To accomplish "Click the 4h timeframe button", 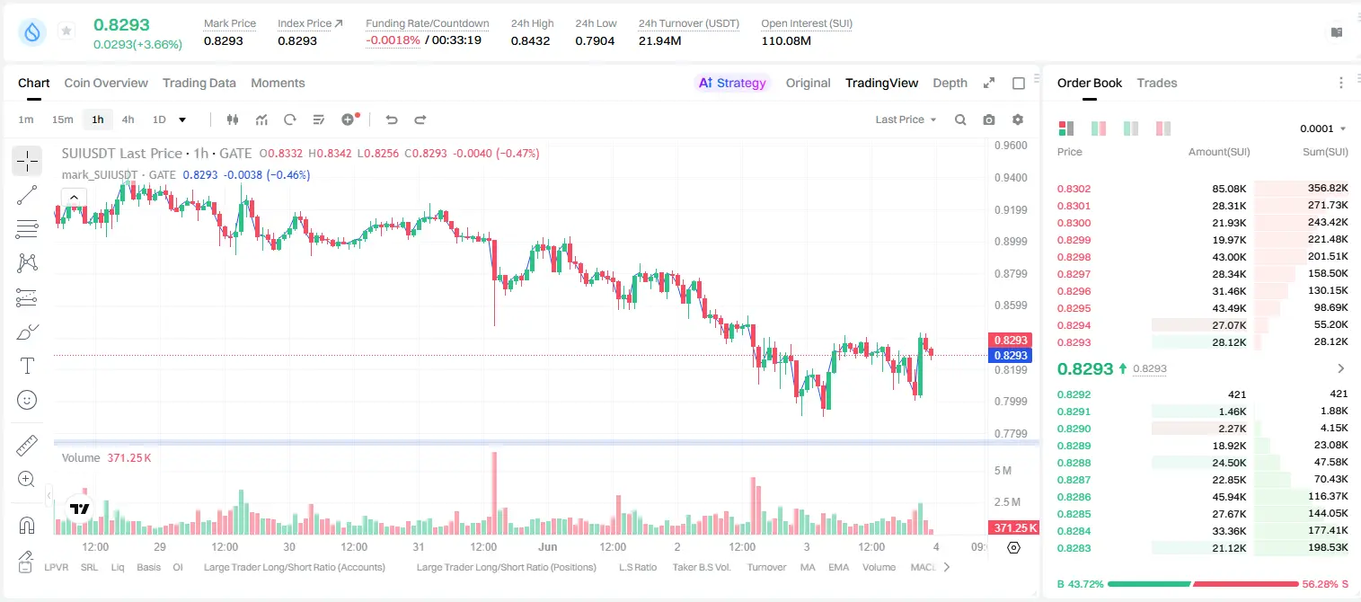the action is click(x=128, y=120).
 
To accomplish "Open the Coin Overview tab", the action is click(x=106, y=83).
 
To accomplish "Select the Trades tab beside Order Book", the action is click(x=1157, y=83).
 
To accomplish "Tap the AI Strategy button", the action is click(x=732, y=83).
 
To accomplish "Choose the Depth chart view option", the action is click(x=950, y=83).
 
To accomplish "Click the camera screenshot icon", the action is click(x=989, y=120).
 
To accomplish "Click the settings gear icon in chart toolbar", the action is click(x=1018, y=120).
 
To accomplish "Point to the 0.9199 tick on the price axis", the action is click(x=1011, y=209).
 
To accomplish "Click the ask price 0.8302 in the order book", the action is click(x=1074, y=189).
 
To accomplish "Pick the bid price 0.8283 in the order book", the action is click(x=1074, y=548).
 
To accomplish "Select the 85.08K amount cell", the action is click(x=1229, y=189).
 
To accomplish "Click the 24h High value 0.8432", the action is click(x=530, y=40).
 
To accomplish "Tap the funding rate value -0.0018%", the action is click(x=393, y=40).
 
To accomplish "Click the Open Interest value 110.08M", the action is click(x=786, y=40).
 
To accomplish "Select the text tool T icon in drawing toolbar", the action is click(x=27, y=366).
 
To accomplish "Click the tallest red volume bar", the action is click(x=495, y=492).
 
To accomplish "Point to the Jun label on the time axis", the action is click(x=547, y=546).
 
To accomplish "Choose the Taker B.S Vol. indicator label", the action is click(x=702, y=567).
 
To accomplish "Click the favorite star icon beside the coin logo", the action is click(x=66, y=31).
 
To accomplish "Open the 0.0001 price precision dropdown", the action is click(x=1323, y=128).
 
